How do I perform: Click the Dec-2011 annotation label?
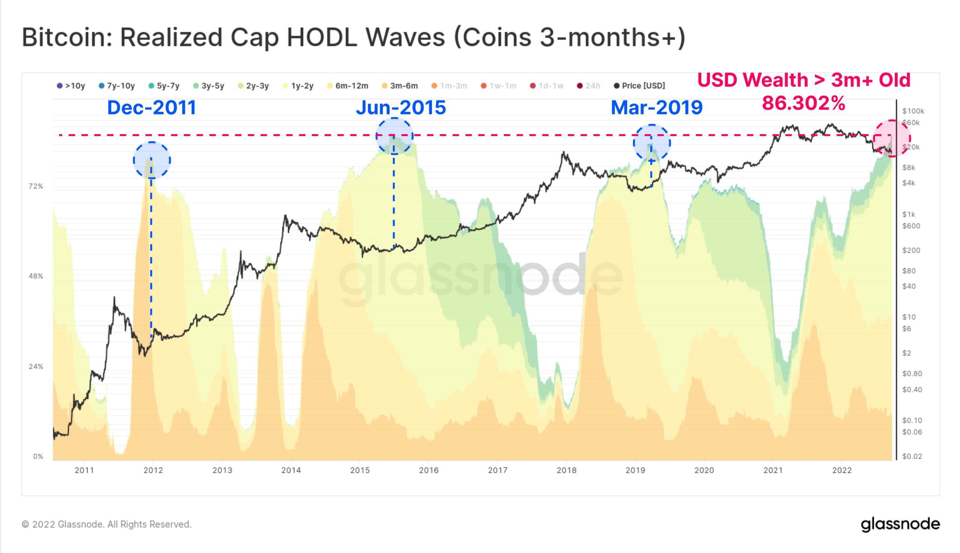pyautogui.click(x=151, y=108)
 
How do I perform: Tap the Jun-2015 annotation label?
pyautogui.click(x=401, y=108)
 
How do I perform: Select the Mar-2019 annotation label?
pyautogui.click(x=657, y=108)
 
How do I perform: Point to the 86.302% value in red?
pyautogui.click(x=804, y=103)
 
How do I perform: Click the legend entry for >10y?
pyautogui.click(x=70, y=86)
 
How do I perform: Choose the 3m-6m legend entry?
pyautogui.click(x=400, y=86)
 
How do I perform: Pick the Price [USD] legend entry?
pyautogui.click(x=639, y=86)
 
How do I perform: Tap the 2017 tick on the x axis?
pyautogui.click(x=498, y=470)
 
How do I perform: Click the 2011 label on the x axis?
pyautogui.click(x=84, y=470)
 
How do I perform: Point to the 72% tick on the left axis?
pyautogui.click(x=36, y=186)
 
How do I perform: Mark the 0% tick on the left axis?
pyautogui.click(x=38, y=457)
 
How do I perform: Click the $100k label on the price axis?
pyautogui.click(x=913, y=111)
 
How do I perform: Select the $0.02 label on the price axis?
pyautogui.click(x=912, y=457)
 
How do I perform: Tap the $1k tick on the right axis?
pyautogui.click(x=909, y=214)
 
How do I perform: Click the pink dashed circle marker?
pyautogui.click(x=892, y=138)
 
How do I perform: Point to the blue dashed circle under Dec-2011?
pyautogui.click(x=151, y=160)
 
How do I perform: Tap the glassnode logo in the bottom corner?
pyautogui.click(x=900, y=524)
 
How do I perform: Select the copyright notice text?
pyautogui.click(x=107, y=524)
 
